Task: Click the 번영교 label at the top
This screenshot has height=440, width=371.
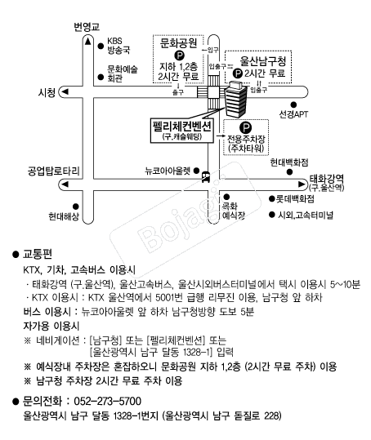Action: (87, 27)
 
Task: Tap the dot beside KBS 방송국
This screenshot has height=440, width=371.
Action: (101, 46)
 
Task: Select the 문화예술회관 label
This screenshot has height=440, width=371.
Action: (123, 73)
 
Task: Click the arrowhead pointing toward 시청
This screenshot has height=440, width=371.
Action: (65, 91)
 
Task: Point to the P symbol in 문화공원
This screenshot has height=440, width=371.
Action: (179, 55)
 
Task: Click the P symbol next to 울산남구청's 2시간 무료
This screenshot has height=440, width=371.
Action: (238, 73)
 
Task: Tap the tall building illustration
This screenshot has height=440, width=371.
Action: (235, 99)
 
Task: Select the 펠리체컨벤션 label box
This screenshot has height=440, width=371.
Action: (181, 130)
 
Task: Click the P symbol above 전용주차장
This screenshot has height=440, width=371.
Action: (245, 128)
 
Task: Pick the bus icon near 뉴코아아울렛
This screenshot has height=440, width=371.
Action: (206, 176)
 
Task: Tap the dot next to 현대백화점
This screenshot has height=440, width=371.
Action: (289, 172)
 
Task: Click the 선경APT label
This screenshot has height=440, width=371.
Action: (293, 114)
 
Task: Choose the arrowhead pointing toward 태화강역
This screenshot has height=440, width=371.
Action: (302, 184)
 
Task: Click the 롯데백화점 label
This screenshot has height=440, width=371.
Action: (295, 199)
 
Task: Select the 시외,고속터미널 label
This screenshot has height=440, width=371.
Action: (306, 216)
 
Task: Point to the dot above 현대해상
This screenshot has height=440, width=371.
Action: (75, 207)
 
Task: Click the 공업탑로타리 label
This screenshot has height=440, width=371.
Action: (53, 171)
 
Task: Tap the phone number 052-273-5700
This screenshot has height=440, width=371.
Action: (108, 401)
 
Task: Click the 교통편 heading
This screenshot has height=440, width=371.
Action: (38, 254)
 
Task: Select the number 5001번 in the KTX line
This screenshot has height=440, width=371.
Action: (169, 297)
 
